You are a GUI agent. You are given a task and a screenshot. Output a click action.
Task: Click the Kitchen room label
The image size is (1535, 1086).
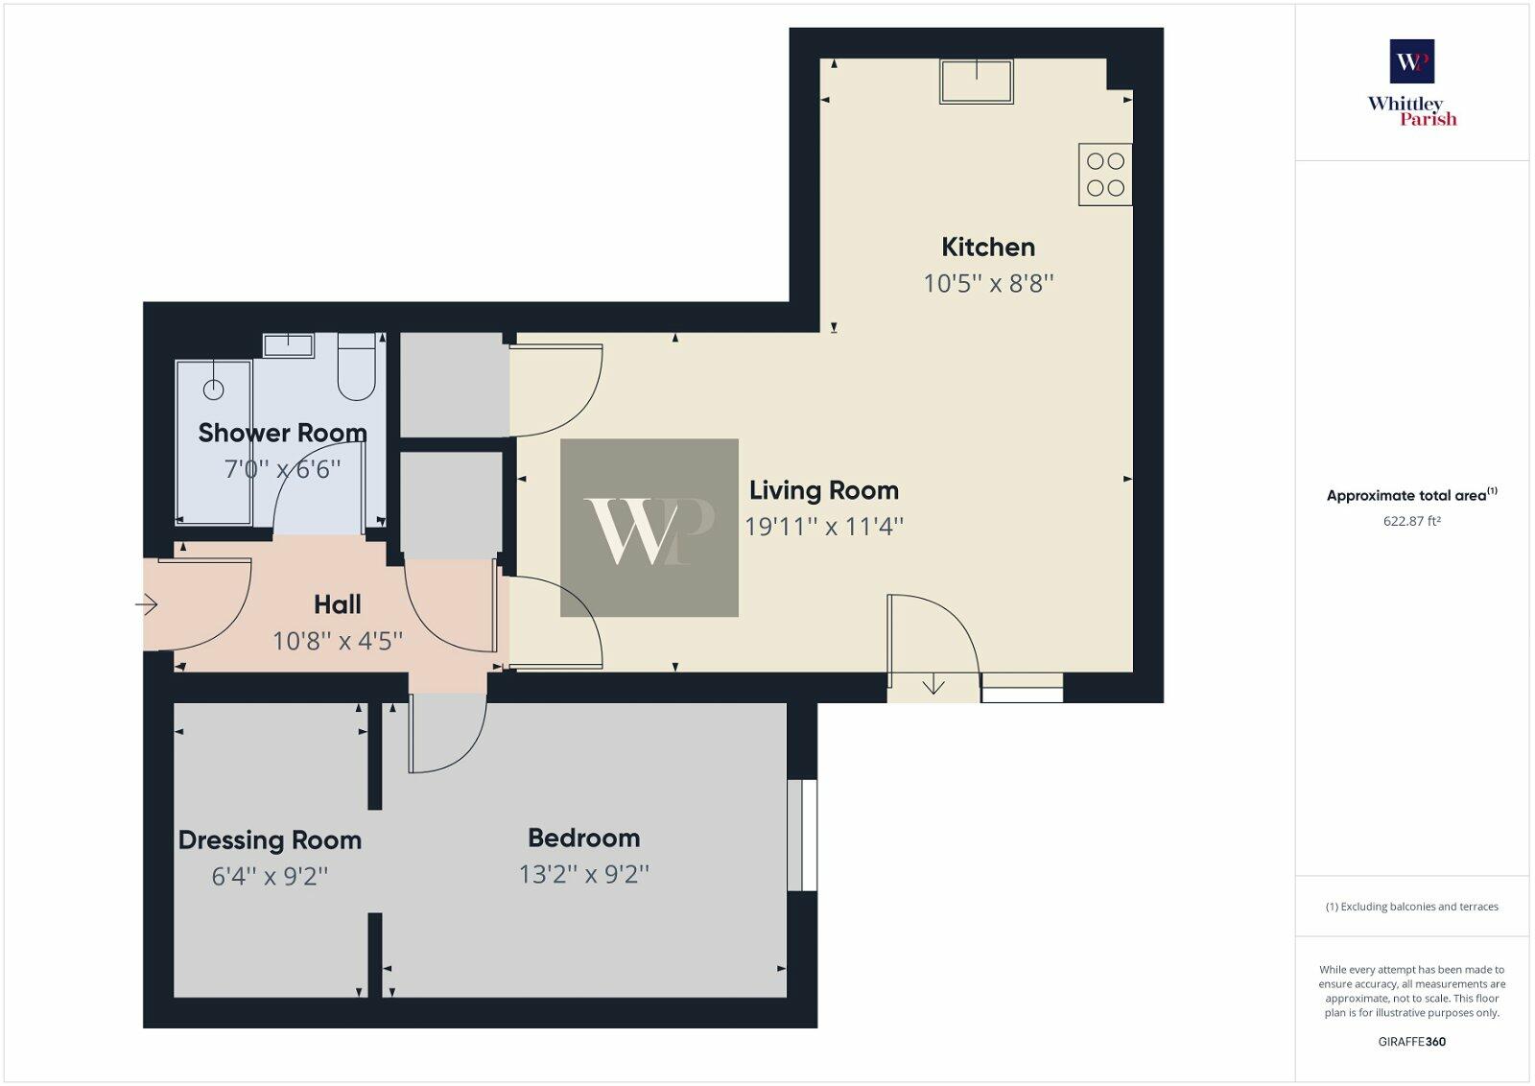coord(988,248)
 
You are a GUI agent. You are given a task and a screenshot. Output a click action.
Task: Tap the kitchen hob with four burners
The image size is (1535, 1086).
coord(1105,175)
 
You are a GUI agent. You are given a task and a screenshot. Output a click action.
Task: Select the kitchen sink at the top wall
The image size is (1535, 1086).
coord(977,82)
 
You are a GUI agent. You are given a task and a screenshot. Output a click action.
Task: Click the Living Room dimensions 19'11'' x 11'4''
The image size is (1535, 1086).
coord(824,527)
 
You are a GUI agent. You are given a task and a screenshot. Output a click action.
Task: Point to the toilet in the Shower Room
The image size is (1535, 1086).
coord(356,368)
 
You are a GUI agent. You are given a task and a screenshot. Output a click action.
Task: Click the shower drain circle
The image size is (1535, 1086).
coord(213,389)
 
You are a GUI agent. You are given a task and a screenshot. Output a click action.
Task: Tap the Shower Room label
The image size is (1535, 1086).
coord(282,434)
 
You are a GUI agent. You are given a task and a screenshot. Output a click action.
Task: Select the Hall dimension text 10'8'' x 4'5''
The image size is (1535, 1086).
coord(338,641)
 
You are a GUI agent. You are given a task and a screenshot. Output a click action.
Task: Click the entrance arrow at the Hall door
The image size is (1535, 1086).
coord(146,604)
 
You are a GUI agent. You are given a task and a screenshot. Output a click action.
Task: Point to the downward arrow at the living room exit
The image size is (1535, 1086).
coord(933,686)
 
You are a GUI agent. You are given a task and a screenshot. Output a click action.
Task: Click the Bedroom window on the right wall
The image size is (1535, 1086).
coord(802,835)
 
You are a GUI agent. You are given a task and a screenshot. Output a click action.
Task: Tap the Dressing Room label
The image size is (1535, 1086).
coord(270,840)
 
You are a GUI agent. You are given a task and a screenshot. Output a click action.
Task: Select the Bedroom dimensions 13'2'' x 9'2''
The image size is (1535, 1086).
coord(583,875)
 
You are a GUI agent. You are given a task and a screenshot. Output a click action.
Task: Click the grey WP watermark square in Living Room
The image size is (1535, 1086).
coord(649,528)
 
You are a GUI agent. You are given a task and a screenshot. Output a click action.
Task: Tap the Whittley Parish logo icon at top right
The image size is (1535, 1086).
coord(1411,61)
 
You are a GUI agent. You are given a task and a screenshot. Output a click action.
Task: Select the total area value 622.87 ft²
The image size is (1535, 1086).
coord(1411,522)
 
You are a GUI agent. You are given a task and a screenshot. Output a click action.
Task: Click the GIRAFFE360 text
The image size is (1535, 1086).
coord(1411,1042)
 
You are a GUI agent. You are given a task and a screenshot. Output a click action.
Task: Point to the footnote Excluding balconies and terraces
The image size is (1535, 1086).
coord(1411,907)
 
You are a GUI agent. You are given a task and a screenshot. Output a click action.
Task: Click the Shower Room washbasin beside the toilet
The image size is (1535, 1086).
coord(288,345)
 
